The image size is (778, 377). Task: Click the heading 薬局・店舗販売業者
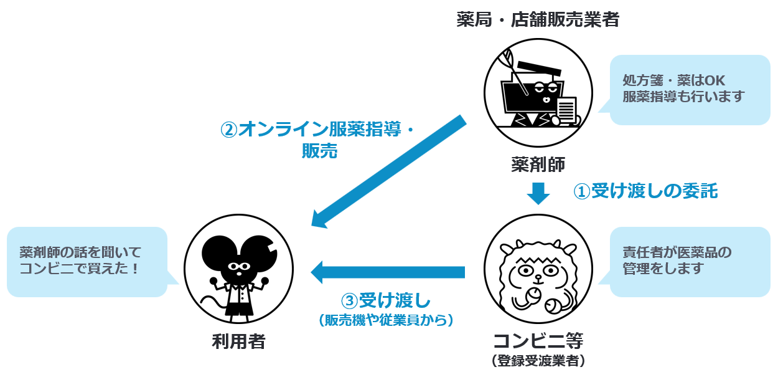538,20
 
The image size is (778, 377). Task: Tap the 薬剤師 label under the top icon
538,164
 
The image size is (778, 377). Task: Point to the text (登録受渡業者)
538,361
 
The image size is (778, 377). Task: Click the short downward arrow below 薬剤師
538,193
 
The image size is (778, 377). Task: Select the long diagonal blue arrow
389,171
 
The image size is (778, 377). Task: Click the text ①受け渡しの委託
645,191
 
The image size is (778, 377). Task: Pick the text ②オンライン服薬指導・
317,129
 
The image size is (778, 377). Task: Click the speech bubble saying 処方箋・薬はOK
690,89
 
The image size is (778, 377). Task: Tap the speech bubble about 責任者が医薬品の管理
690,261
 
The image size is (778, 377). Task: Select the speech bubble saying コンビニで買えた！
87,261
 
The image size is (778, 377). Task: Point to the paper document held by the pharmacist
566,110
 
